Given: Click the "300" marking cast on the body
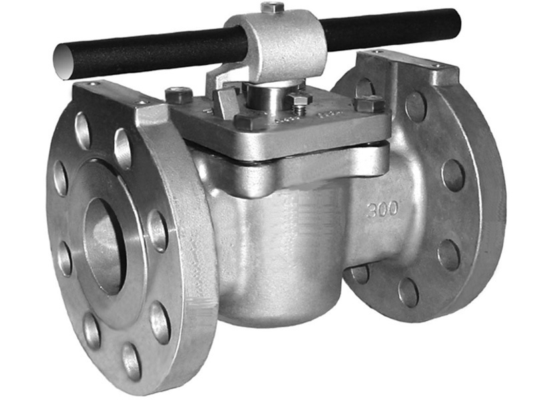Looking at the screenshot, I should [382, 209].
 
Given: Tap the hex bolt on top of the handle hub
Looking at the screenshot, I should [273, 8].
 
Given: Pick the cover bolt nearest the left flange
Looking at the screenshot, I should [179, 95].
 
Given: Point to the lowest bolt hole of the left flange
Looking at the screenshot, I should [131, 361].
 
